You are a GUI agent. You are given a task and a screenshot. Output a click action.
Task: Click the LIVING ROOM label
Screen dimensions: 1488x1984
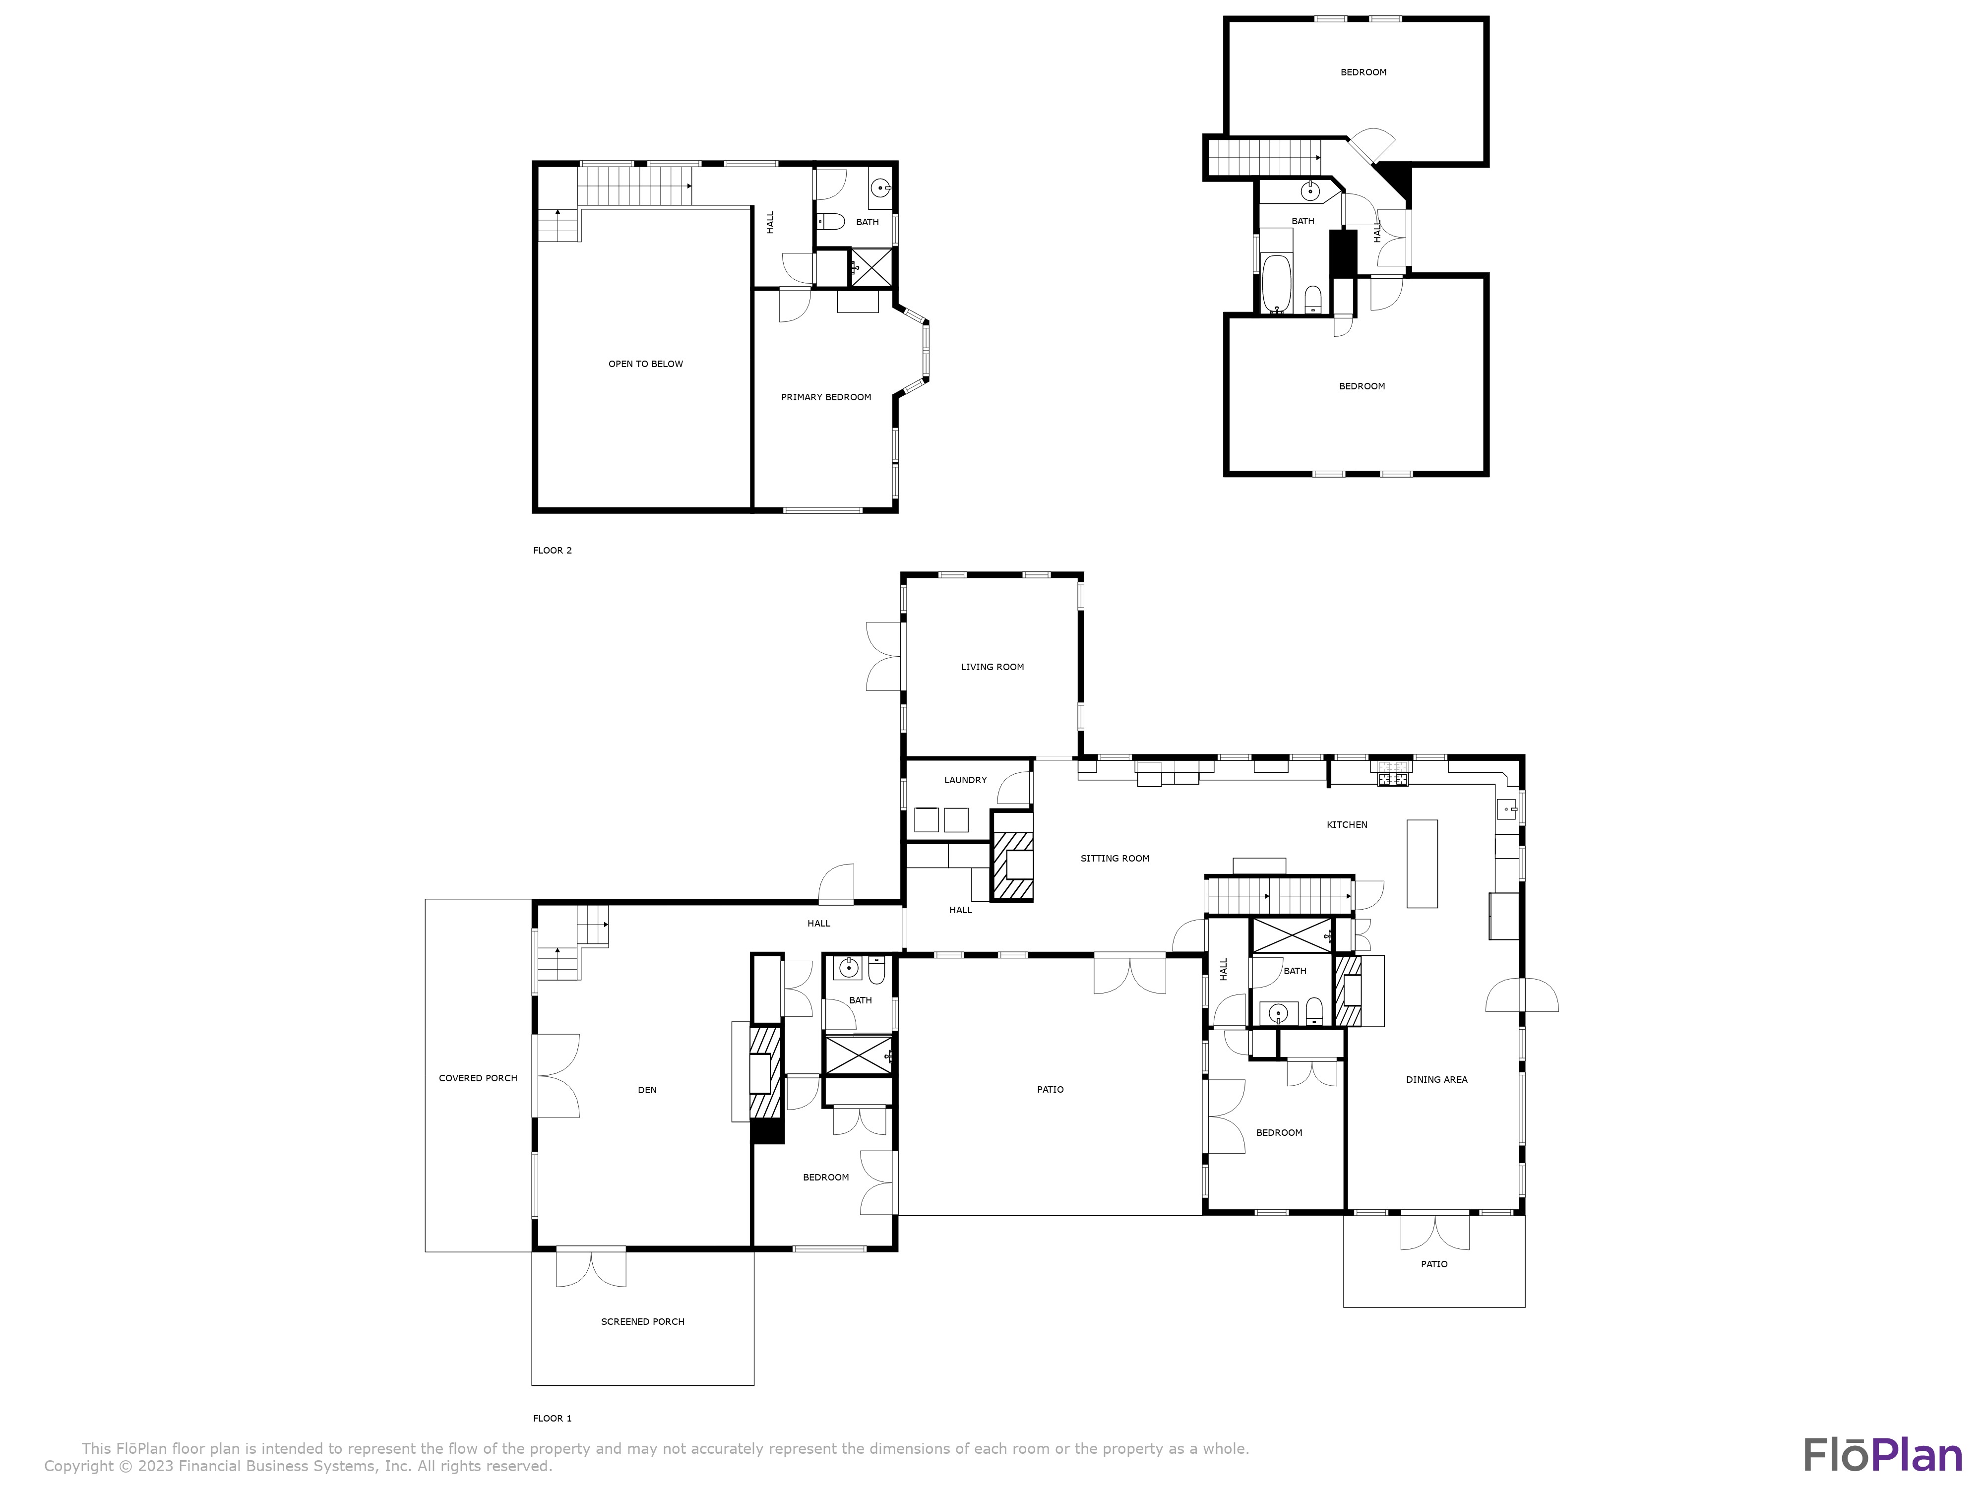coord(992,667)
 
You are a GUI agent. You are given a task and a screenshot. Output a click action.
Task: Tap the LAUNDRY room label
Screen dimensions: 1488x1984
coord(965,779)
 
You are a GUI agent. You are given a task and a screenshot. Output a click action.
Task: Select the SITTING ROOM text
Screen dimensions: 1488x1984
coord(1114,859)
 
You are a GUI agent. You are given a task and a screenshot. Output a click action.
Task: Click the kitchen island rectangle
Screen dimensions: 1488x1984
coord(1422,863)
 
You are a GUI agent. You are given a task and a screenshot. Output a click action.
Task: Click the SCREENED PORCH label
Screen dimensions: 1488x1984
coord(642,1321)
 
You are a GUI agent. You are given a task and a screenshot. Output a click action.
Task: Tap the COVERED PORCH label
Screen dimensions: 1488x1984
coord(477,1078)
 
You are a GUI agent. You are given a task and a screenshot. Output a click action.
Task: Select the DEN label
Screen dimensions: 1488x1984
coord(647,1090)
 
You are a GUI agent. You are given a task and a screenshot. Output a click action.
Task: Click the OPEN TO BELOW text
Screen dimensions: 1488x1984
coord(645,364)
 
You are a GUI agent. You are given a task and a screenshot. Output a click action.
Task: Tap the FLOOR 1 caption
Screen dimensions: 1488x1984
coord(552,1418)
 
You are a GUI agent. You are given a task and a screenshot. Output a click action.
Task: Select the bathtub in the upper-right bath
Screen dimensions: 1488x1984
coord(1275,283)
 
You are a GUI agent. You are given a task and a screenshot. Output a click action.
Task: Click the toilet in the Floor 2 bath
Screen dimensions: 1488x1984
coord(831,221)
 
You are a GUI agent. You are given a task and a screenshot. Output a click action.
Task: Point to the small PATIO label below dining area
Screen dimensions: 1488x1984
coord(1433,1264)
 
